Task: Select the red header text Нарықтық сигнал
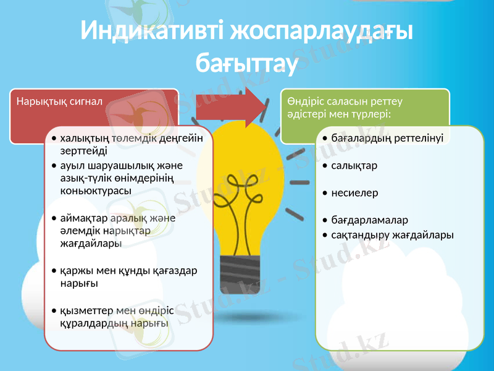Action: click(59, 101)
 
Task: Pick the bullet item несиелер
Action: click(354, 193)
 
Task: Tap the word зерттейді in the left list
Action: click(83, 150)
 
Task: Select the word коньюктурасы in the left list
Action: click(95, 190)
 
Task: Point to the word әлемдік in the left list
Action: click(77, 231)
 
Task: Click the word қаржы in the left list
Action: click(74, 271)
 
